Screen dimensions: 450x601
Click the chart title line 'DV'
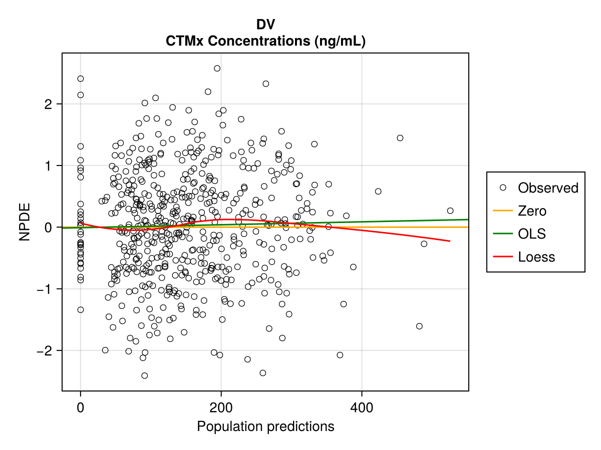(265, 24)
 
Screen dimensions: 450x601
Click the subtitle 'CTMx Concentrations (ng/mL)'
(265, 41)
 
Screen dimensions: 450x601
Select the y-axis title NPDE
(25, 221)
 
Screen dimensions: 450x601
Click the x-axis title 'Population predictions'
(265, 426)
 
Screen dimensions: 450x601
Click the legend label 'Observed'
(548, 188)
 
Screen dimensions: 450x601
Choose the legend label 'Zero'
(532, 211)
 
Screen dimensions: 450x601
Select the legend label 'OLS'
(532, 234)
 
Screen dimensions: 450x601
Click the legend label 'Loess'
(536, 257)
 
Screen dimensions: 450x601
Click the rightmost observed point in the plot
(450, 210)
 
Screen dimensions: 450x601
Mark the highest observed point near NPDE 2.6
(217, 68)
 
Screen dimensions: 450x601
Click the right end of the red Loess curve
(450, 241)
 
